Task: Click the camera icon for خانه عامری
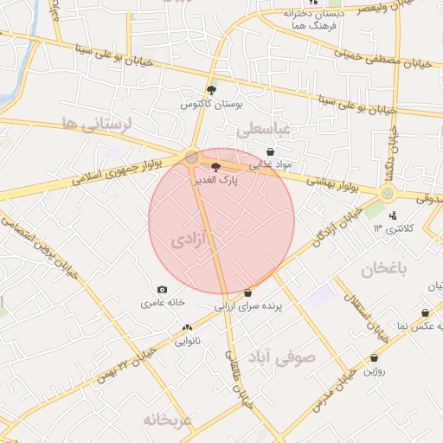162,290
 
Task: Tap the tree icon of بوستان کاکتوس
213,89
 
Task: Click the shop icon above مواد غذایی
271,151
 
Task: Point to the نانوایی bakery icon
187,328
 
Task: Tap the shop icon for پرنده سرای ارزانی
248,293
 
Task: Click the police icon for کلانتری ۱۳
394,215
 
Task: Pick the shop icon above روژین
374,357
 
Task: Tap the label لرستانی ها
96,124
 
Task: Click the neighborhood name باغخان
380,268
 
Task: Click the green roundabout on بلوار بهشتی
388,193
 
